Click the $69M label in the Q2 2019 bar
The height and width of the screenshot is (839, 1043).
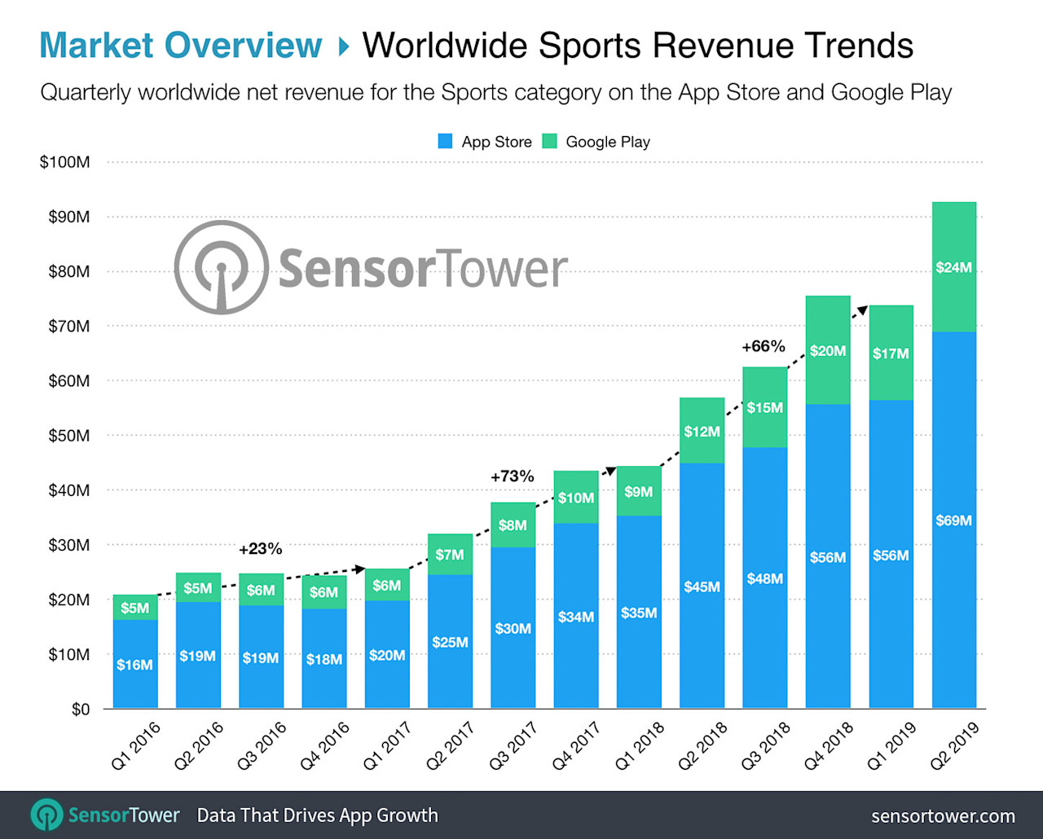pos(953,521)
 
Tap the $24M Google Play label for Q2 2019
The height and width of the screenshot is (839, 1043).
pos(953,267)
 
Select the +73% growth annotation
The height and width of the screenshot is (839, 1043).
pos(512,477)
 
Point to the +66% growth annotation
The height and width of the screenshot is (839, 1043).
pos(763,346)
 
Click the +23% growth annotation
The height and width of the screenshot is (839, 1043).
pos(260,549)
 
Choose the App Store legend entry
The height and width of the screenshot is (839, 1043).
pos(486,142)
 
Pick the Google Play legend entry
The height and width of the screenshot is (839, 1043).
pos(596,142)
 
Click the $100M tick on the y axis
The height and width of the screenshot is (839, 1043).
pos(65,162)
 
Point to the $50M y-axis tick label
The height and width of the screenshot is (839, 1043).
pos(68,436)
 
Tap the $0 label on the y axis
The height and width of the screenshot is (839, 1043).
pos(80,709)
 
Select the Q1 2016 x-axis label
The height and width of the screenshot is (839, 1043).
pos(136,745)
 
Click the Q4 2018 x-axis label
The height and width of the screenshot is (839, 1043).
pos(829,745)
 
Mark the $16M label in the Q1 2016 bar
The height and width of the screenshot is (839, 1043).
pos(134,665)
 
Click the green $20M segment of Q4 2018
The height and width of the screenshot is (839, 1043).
pos(828,351)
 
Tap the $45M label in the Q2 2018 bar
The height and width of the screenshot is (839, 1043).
pos(702,586)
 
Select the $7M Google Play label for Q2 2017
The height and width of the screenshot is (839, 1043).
pos(450,555)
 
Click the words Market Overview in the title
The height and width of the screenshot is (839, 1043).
pos(181,46)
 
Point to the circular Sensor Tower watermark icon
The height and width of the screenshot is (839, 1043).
pos(221,267)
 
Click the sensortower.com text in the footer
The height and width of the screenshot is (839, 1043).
pos(943,815)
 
